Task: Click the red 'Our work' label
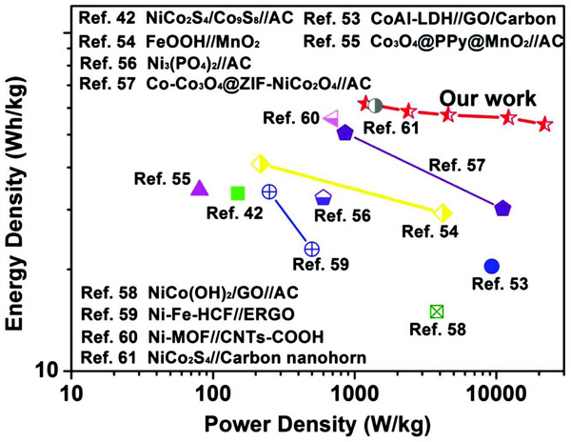[x=486, y=98]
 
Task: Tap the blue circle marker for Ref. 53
[x=491, y=266]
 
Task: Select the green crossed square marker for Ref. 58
[x=437, y=311]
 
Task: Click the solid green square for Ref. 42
[x=238, y=193]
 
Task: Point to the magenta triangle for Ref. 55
[x=200, y=188]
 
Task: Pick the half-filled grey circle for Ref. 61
[x=375, y=105]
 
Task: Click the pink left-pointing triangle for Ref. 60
[x=331, y=118]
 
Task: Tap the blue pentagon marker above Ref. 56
[x=324, y=198]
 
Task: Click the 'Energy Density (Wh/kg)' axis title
[x=16, y=204]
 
